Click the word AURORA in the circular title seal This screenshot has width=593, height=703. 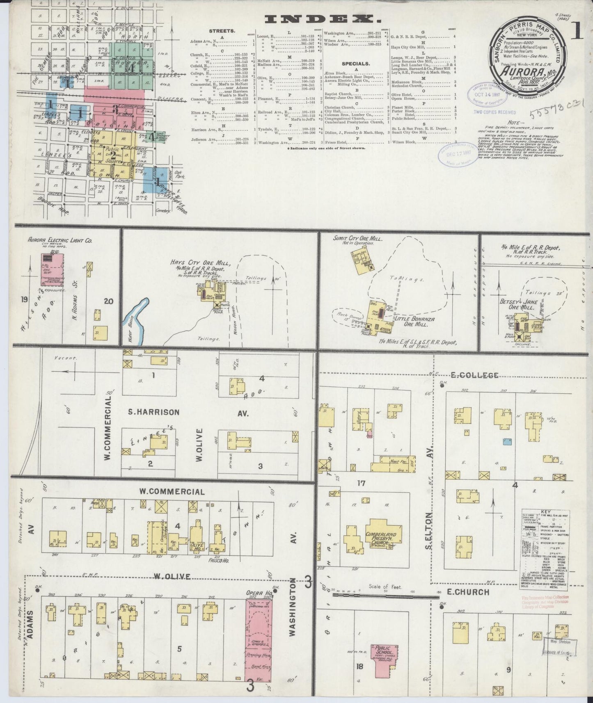tap(521, 69)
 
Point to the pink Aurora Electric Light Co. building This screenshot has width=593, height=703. tap(52, 269)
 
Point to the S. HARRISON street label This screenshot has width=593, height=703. tap(153, 412)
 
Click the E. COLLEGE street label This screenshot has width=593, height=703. tap(474, 375)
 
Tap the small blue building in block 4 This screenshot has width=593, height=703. tap(507, 441)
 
